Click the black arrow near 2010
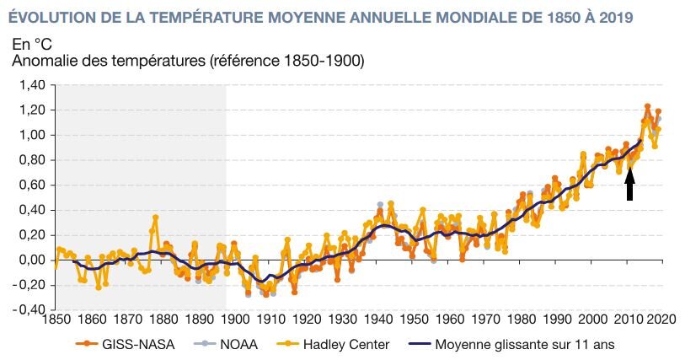(629, 182)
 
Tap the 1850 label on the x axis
(56, 320)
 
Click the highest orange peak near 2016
(647, 106)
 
